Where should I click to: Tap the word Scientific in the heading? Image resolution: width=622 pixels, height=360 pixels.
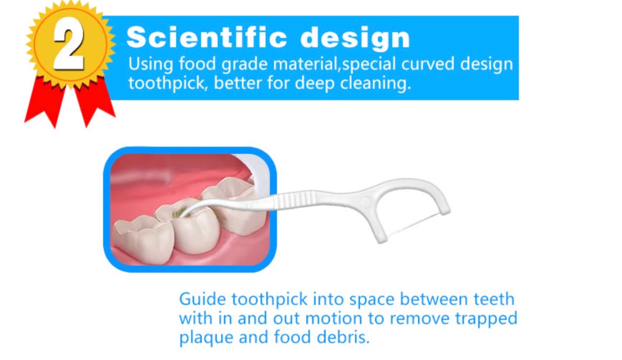[x=206, y=37]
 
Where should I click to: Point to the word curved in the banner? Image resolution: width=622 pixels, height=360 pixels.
[x=428, y=64]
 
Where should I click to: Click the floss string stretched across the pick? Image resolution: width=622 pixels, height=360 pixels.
[x=414, y=226]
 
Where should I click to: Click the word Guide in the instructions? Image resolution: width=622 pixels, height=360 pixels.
[x=203, y=299]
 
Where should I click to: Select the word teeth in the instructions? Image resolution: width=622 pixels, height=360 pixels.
[x=494, y=299]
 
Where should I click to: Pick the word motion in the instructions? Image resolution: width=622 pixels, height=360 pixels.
[x=334, y=318]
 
